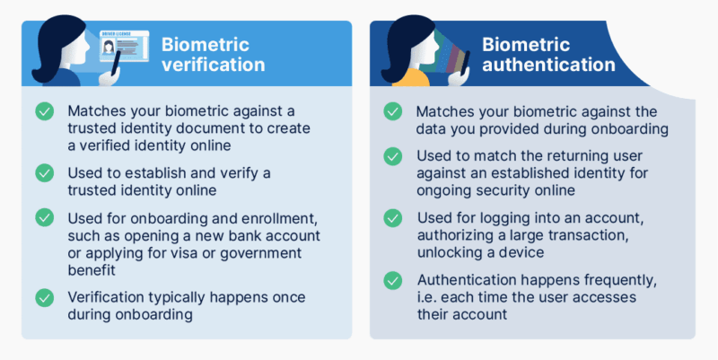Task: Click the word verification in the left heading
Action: click(213, 65)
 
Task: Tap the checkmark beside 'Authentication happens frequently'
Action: click(392, 280)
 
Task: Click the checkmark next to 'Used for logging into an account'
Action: click(392, 217)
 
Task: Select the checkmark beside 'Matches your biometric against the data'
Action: click(392, 111)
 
